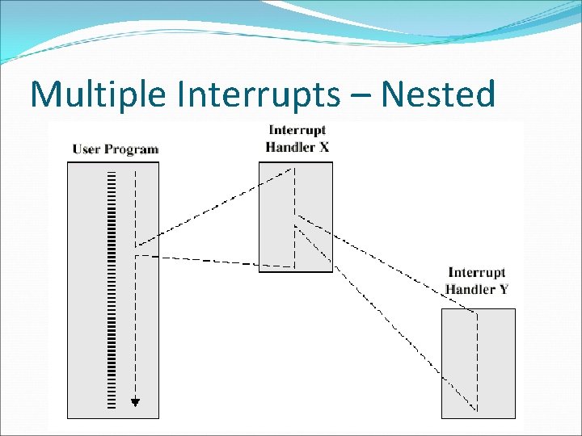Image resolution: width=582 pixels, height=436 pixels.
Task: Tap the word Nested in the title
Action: click(x=437, y=94)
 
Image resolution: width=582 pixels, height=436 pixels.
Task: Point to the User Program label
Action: click(x=116, y=149)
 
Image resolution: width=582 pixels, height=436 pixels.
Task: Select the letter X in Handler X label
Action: click(x=323, y=146)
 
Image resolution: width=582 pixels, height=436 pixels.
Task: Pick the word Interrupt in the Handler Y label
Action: click(x=477, y=274)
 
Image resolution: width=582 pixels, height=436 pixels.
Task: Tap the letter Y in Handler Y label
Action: click(x=504, y=289)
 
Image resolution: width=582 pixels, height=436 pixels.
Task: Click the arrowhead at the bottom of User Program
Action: click(x=136, y=401)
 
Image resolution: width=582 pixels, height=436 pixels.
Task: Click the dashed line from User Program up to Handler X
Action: click(x=214, y=207)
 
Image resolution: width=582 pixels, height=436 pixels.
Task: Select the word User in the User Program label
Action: click(x=86, y=149)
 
